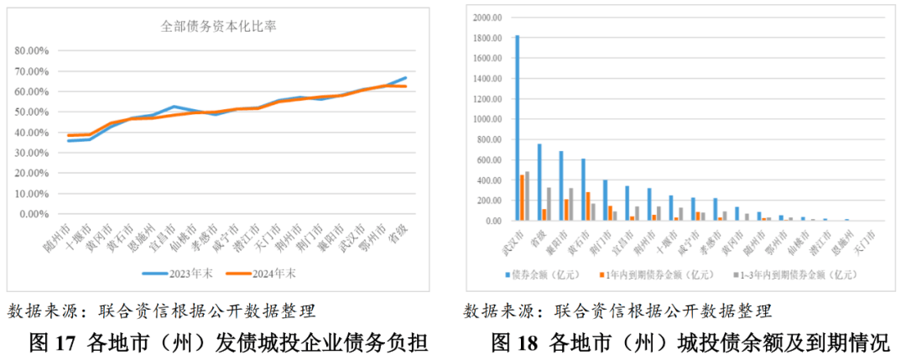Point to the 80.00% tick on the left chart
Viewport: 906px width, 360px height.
pos(33,50)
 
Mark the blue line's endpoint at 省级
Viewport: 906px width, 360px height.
pos(406,78)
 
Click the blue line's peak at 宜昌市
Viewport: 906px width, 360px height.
pos(174,107)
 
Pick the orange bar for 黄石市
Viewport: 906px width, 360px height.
pos(588,206)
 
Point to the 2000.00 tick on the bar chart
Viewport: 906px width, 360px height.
pos(487,18)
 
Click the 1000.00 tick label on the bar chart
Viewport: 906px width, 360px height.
pos(487,119)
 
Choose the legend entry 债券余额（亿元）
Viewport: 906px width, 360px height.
pos(544,274)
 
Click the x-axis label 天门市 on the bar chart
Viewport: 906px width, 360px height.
pos(859,238)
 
